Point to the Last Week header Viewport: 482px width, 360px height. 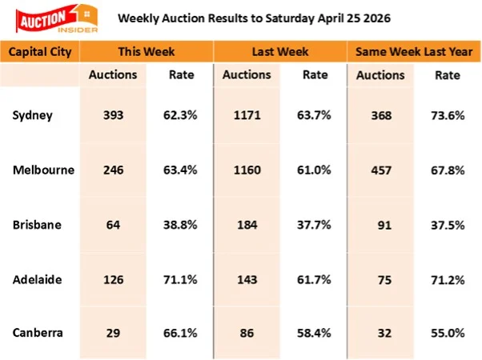coord(280,51)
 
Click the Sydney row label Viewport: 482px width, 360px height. coord(33,114)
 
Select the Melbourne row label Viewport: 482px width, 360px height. coord(43,169)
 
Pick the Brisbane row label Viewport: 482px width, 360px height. coord(38,223)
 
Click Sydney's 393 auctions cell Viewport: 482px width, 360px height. coord(112,114)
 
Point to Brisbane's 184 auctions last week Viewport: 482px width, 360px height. coord(245,223)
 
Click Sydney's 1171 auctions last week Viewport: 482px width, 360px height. coord(245,114)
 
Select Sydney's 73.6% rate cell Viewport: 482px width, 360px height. coord(447,114)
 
